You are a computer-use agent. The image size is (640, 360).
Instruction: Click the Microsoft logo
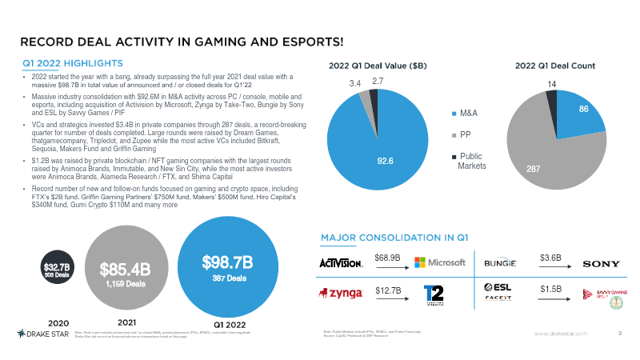(440, 263)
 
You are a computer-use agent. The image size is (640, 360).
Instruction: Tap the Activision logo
(342, 262)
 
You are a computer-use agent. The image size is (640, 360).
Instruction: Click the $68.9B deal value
(388, 258)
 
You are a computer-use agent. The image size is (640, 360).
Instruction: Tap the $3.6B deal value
(551, 258)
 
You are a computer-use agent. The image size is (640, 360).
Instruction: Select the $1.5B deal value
(551, 288)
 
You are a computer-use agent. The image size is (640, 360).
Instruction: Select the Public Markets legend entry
(474, 161)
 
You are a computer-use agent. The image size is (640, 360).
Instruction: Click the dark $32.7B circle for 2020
(57, 266)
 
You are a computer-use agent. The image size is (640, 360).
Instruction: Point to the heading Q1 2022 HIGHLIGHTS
(72, 62)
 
